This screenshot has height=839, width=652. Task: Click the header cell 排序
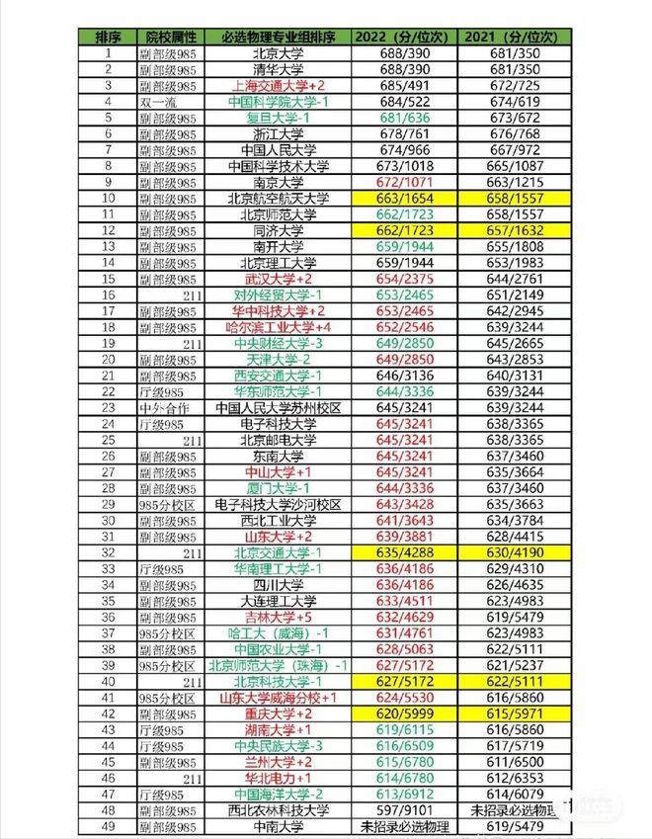click(107, 38)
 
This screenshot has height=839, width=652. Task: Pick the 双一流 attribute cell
click(159, 103)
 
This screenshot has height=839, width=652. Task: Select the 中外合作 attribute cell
click(162, 407)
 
